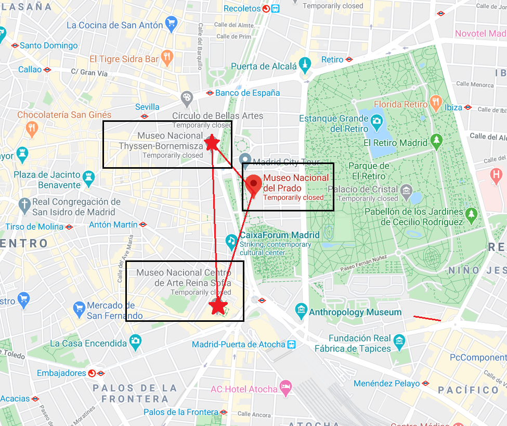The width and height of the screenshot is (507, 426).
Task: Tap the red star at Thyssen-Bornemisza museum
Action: [x=211, y=143]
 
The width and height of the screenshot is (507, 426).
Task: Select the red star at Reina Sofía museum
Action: [x=218, y=306]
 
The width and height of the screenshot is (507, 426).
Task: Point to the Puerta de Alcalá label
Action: [x=264, y=66]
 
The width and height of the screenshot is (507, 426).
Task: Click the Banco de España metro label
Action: [x=248, y=93]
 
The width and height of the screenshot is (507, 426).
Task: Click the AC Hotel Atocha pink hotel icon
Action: [x=285, y=387]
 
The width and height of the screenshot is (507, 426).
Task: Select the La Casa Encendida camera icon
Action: [x=135, y=342]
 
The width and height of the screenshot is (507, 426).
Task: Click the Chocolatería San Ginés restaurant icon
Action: [x=32, y=128]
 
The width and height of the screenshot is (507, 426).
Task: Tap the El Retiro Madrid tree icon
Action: [x=436, y=140]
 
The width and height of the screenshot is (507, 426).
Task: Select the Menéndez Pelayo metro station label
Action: [x=386, y=383]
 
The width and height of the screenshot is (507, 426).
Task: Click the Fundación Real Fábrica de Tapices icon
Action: [x=399, y=342]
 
